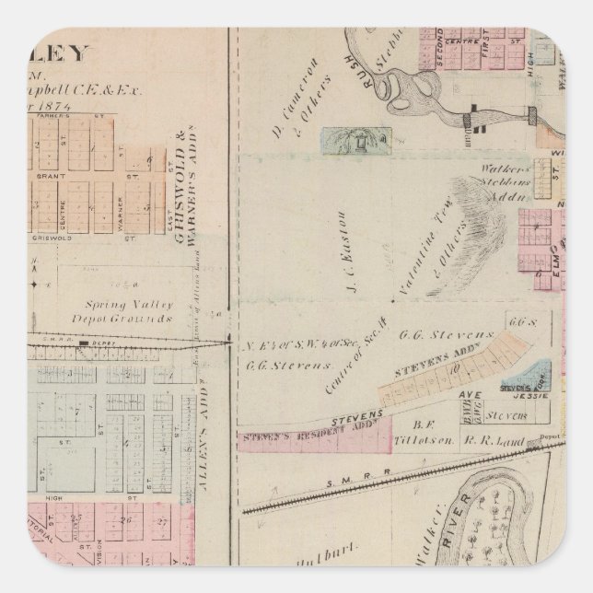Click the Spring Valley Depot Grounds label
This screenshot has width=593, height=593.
coord(127,312)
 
